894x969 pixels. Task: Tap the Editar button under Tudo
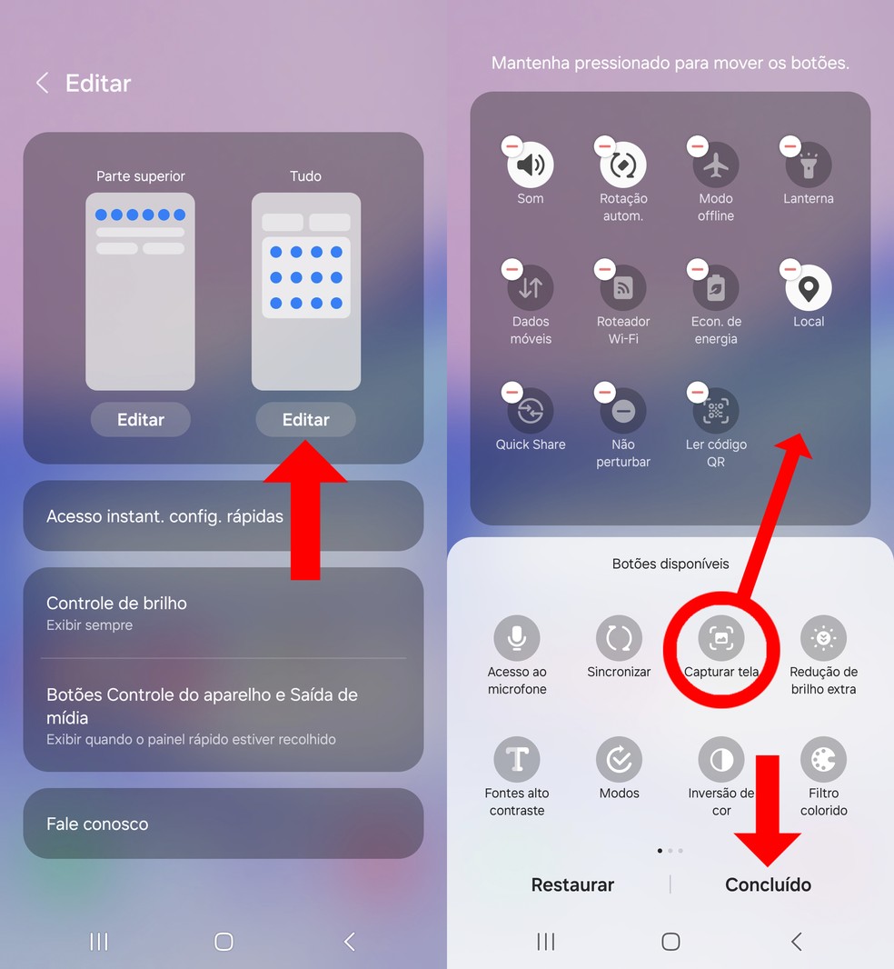click(x=305, y=420)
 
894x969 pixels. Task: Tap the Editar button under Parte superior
click(x=141, y=420)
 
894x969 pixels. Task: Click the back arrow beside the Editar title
click(x=41, y=84)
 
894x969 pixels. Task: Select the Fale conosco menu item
click(x=97, y=824)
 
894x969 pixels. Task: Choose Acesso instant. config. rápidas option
click(x=164, y=516)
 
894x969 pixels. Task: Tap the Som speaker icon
click(x=531, y=165)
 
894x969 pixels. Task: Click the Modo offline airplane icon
click(x=716, y=165)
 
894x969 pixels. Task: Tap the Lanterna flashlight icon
click(x=809, y=165)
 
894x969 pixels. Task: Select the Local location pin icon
click(x=809, y=288)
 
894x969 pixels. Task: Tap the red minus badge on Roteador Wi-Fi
click(x=604, y=269)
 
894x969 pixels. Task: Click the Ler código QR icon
click(x=716, y=412)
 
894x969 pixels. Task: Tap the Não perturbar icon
click(x=623, y=412)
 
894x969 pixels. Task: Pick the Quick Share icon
click(x=531, y=412)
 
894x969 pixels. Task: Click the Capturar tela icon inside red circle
click(x=721, y=638)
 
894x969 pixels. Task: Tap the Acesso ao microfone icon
click(x=517, y=638)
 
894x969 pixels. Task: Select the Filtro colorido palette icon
click(x=823, y=759)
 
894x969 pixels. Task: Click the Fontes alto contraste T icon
click(x=517, y=759)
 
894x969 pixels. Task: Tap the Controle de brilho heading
click(x=116, y=604)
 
